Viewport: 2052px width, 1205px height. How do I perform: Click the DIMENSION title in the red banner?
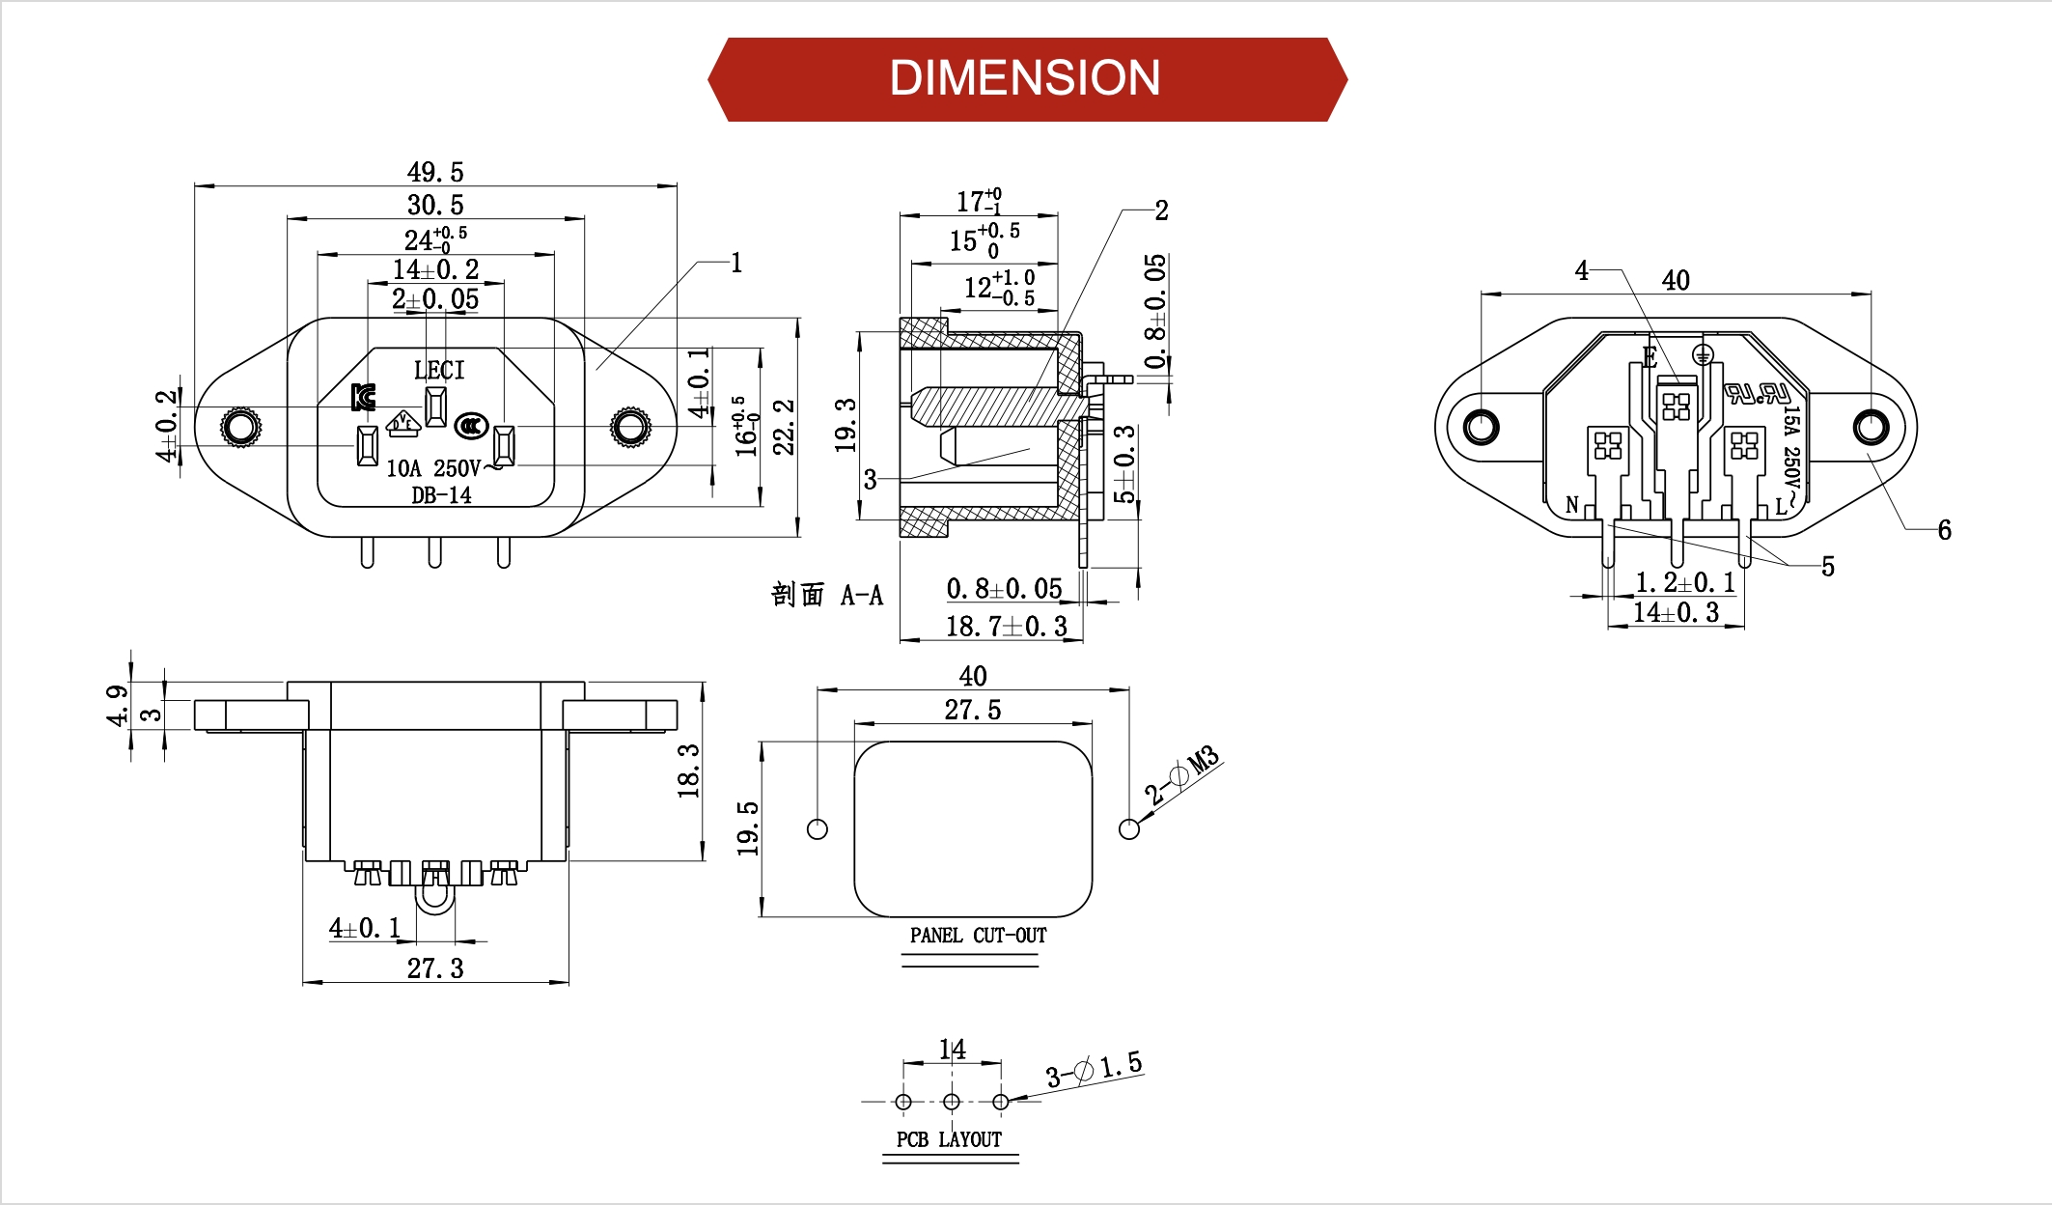pos(1025,78)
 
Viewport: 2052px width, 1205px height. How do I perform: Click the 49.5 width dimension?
pos(435,172)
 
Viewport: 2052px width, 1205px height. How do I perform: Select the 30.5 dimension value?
pos(435,205)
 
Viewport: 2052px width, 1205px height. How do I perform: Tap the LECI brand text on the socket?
pos(439,370)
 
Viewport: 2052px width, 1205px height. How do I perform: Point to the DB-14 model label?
pos(441,495)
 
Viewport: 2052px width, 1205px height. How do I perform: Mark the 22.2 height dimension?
pos(784,426)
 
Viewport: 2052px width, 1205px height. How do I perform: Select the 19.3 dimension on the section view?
pos(846,425)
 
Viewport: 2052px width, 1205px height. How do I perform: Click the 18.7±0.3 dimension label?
pos(1006,627)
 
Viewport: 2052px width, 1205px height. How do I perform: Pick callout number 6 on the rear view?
pos(1944,529)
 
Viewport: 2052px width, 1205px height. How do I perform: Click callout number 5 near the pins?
pos(1827,566)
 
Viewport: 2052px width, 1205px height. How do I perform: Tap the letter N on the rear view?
pos(1572,505)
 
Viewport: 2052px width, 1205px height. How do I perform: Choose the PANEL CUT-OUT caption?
pos(978,935)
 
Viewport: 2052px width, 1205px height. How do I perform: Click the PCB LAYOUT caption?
pos(949,1139)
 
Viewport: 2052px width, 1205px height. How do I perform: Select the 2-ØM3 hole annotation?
pos(1182,774)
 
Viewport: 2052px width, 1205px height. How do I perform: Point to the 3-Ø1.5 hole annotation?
pos(1094,1069)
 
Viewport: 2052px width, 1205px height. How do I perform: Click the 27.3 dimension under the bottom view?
pos(435,967)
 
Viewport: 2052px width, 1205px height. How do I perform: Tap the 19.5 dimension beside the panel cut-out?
pos(748,827)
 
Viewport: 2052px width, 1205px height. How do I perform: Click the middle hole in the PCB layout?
pos(952,1102)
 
